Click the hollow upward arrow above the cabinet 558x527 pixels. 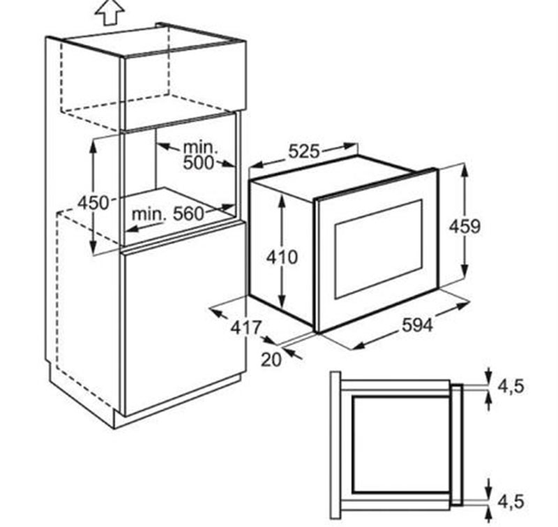click(110, 13)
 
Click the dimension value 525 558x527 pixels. click(304, 151)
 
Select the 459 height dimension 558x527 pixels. click(465, 226)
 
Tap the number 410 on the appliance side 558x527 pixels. click(282, 257)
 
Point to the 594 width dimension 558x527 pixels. click(417, 325)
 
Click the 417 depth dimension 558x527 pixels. click(246, 327)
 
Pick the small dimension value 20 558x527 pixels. click(271, 360)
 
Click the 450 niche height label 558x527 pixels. click(93, 203)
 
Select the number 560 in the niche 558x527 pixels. click(188, 214)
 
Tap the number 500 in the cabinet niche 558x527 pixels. click(199, 163)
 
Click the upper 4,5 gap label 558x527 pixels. click(511, 385)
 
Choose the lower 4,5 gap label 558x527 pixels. click(511, 502)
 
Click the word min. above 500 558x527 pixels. click(200, 147)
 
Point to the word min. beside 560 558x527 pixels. click(149, 214)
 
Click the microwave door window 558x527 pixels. click(378, 248)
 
